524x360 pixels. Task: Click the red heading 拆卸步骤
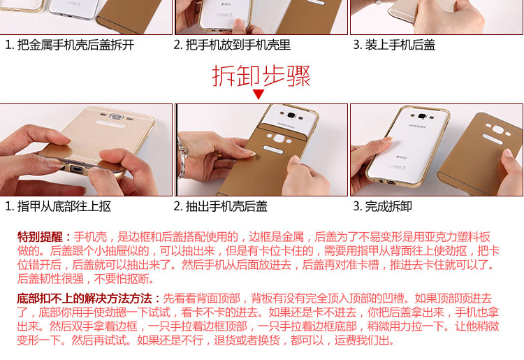tap(261, 76)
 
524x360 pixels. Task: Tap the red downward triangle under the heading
tap(259, 94)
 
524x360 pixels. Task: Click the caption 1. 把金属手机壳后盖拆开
tap(70, 45)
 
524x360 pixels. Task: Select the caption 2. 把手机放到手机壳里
tap(232, 45)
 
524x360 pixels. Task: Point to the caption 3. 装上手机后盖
tap(394, 45)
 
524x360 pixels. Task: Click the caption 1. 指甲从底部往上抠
tap(58, 206)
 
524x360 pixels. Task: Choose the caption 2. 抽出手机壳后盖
tap(221, 206)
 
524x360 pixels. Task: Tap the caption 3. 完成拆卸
tap(383, 206)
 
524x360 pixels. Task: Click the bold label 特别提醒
tap(40, 237)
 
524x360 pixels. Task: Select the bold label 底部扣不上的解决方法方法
tap(85, 298)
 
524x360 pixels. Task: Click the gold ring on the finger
tap(219, 154)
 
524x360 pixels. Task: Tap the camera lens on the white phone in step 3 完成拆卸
tap(422, 116)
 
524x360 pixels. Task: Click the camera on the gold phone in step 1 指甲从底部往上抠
tap(116, 117)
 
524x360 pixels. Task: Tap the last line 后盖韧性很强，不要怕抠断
tap(85, 278)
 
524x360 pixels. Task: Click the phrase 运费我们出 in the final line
tap(361, 340)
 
